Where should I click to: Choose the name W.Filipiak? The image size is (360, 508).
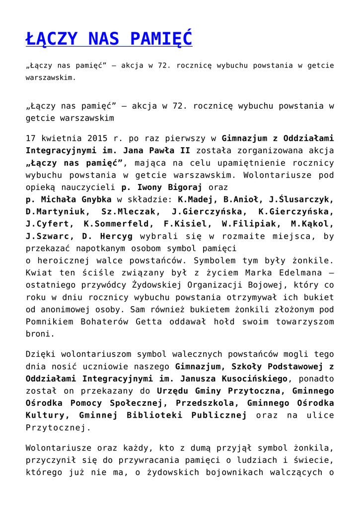247,224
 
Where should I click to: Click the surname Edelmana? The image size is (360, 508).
297,273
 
